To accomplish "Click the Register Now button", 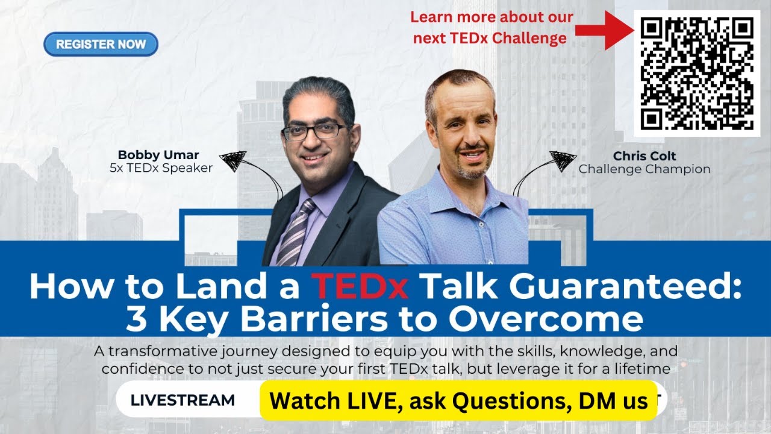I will click(x=101, y=44).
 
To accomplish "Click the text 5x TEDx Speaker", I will click(x=161, y=168).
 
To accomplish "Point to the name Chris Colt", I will click(x=644, y=156).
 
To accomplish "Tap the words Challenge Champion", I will click(x=644, y=169).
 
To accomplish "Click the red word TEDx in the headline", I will click(x=360, y=287).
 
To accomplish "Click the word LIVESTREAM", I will click(x=183, y=400).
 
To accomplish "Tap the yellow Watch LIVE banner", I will click(x=458, y=400).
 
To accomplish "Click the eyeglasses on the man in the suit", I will click(x=313, y=131).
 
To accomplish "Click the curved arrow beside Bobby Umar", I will click(x=253, y=172).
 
